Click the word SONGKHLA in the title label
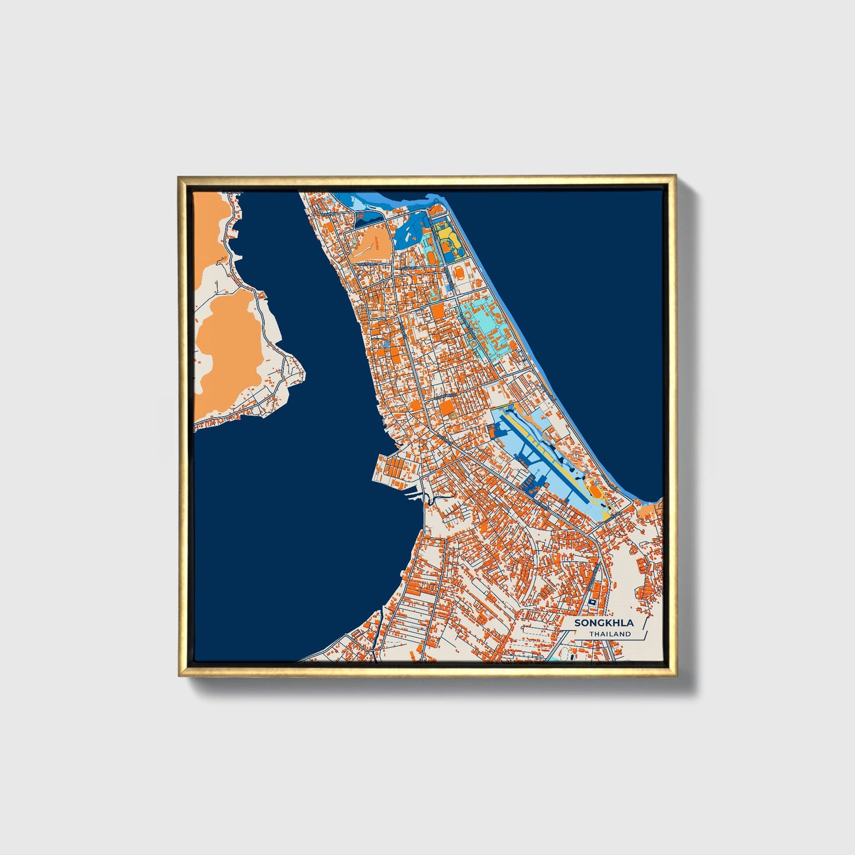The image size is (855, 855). (x=595, y=623)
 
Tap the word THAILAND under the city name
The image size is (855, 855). (x=609, y=634)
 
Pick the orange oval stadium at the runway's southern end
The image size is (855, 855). (x=595, y=491)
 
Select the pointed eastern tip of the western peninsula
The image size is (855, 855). (x=303, y=374)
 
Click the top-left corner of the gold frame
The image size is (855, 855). (x=179, y=177)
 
